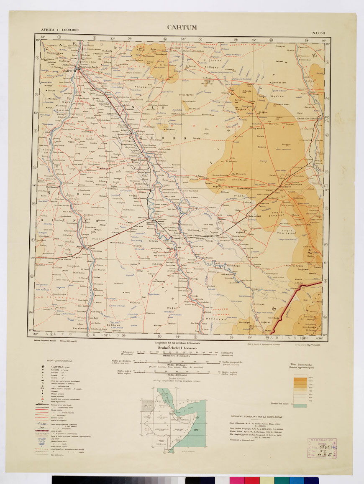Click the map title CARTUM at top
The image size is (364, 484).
(182, 28)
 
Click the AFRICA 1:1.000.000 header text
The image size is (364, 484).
(59, 30)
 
